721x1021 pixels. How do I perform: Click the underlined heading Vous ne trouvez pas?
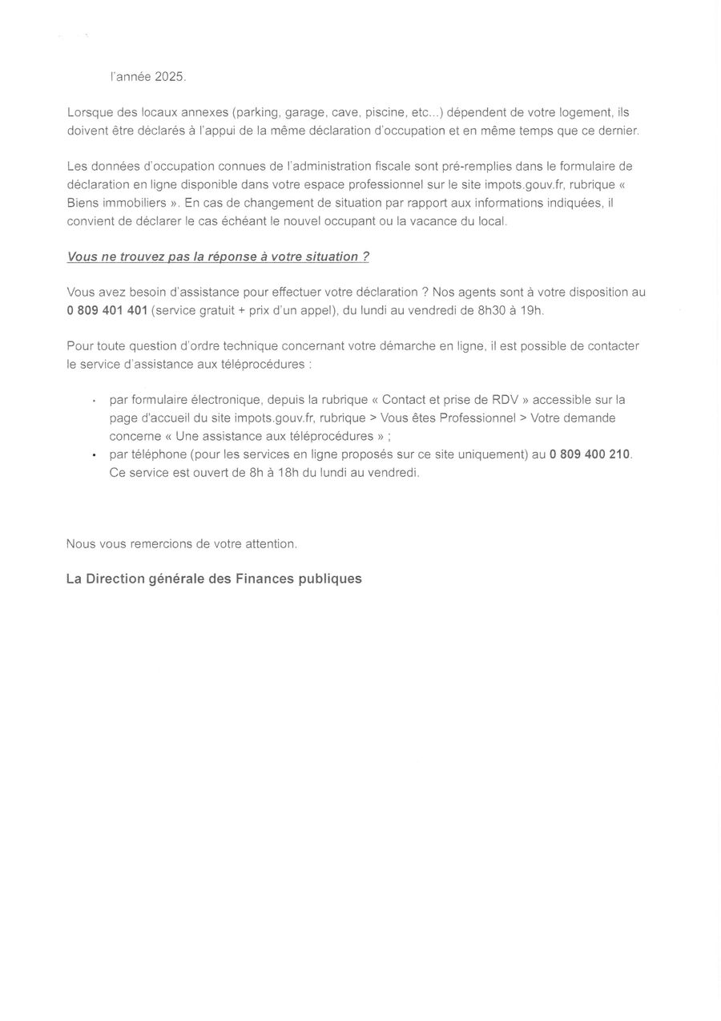coord(217,256)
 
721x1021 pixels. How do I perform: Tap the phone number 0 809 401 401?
coord(107,310)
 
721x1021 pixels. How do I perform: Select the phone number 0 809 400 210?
coord(590,454)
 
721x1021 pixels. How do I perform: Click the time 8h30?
coord(492,310)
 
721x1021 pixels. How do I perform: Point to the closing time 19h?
coord(531,310)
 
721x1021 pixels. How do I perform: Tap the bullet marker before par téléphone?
coord(95,455)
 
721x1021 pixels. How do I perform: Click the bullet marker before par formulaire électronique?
coord(95,401)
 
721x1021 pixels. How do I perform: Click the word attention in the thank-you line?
coord(271,543)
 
